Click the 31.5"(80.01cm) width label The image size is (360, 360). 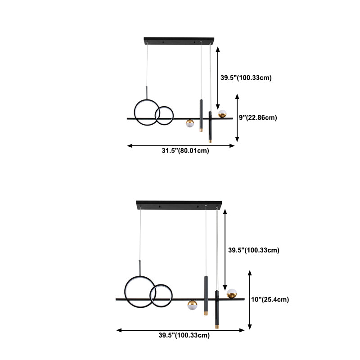185,151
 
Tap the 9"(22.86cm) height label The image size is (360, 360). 257,117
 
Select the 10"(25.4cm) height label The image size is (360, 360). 270,299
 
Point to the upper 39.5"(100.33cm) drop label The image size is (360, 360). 246,78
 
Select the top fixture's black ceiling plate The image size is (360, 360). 180,41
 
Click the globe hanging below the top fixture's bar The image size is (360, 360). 190,124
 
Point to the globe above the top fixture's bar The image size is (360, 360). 222,114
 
